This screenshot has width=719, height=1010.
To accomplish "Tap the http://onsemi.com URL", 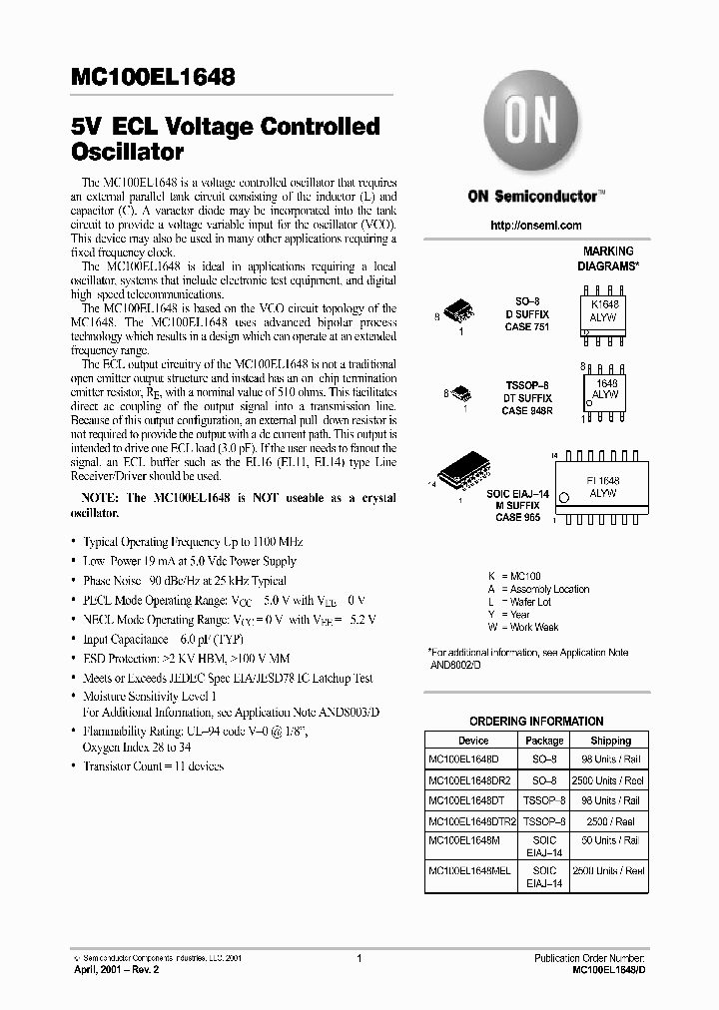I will [x=535, y=226].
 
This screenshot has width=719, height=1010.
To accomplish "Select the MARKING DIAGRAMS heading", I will [x=607, y=259].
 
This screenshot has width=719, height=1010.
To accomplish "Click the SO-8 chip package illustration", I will [x=455, y=309].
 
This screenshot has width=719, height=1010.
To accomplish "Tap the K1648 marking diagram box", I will [x=605, y=309].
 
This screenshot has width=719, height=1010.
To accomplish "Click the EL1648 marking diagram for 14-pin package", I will [x=604, y=487].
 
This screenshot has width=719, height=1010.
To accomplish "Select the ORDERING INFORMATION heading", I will [x=536, y=721].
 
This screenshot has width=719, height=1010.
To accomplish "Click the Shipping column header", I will [x=610, y=741].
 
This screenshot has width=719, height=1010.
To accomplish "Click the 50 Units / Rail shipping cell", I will [x=610, y=840].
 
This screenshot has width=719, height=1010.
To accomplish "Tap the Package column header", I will [x=544, y=741].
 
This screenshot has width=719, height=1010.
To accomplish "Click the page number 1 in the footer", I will [x=359, y=957].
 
